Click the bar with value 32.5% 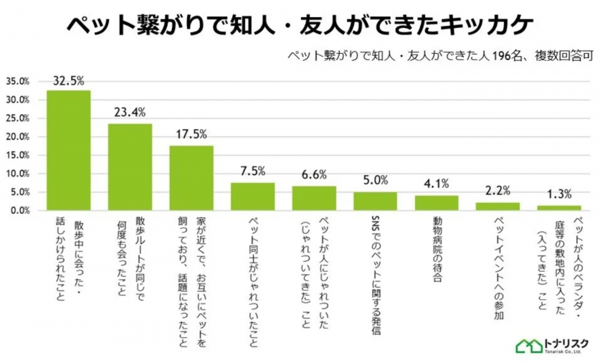[x=69, y=150]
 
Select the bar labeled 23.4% [x=130, y=167]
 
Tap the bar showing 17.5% [x=191, y=178]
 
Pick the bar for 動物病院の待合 [x=437, y=203]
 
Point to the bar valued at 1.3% [x=559, y=208]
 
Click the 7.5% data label [x=252, y=171]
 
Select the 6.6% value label [x=314, y=174]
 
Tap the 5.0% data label [x=375, y=180]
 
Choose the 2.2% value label [x=497, y=191]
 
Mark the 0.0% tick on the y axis [x=19, y=211]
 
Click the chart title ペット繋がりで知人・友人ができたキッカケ [x=300, y=24]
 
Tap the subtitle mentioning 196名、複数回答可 [x=439, y=55]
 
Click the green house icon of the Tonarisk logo [x=528, y=345]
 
